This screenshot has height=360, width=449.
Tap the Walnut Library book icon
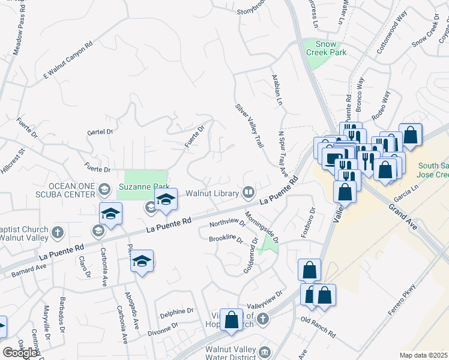(x=248, y=193)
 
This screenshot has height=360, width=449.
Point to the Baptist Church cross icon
(x=57, y=232)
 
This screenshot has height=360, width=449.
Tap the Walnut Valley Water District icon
(x=265, y=351)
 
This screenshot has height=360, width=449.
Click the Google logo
(x=20, y=353)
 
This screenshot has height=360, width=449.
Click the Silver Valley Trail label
(x=250, y=125)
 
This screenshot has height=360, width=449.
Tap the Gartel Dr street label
(x=100, y=132)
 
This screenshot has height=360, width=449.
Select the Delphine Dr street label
(x=176, y=313)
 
